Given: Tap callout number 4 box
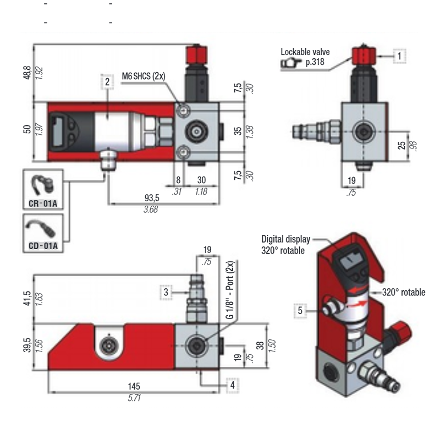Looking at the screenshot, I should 233,384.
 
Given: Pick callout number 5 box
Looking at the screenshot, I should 300,310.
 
